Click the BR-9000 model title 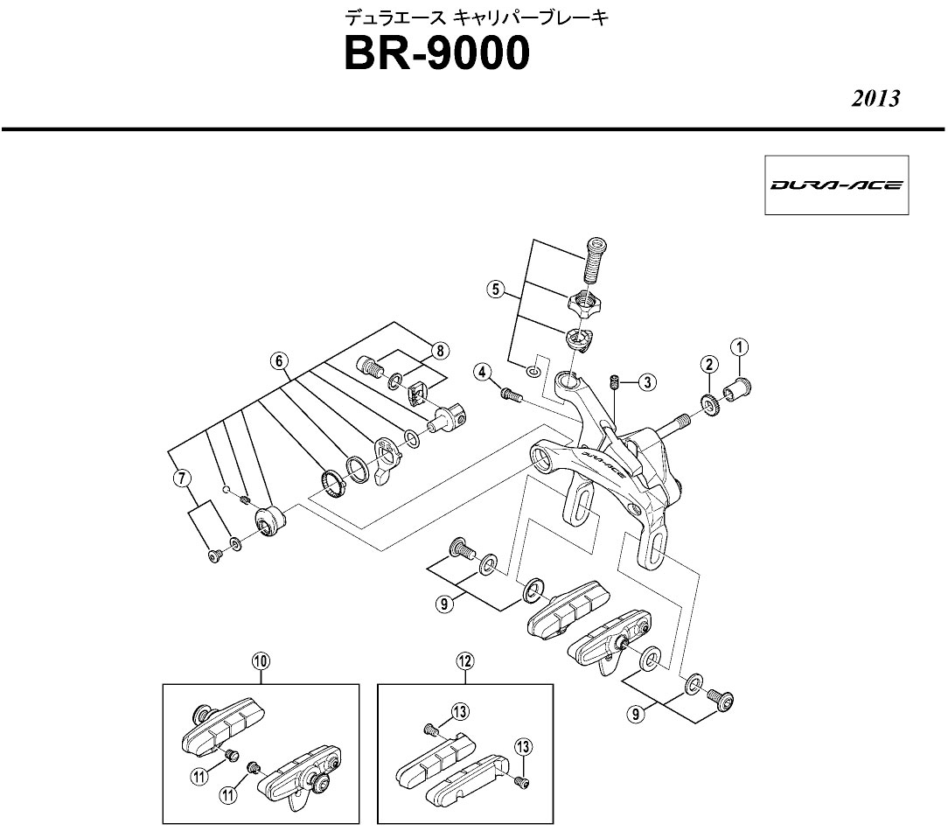(436, 54)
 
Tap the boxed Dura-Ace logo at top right (837, 185)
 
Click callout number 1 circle (740, 348)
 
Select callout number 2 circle (708, 364)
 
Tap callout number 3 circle (646, 381)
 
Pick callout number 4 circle (482, 373)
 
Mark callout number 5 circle (496, 290)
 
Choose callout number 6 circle (278, 360)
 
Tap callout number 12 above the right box (464, 662)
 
